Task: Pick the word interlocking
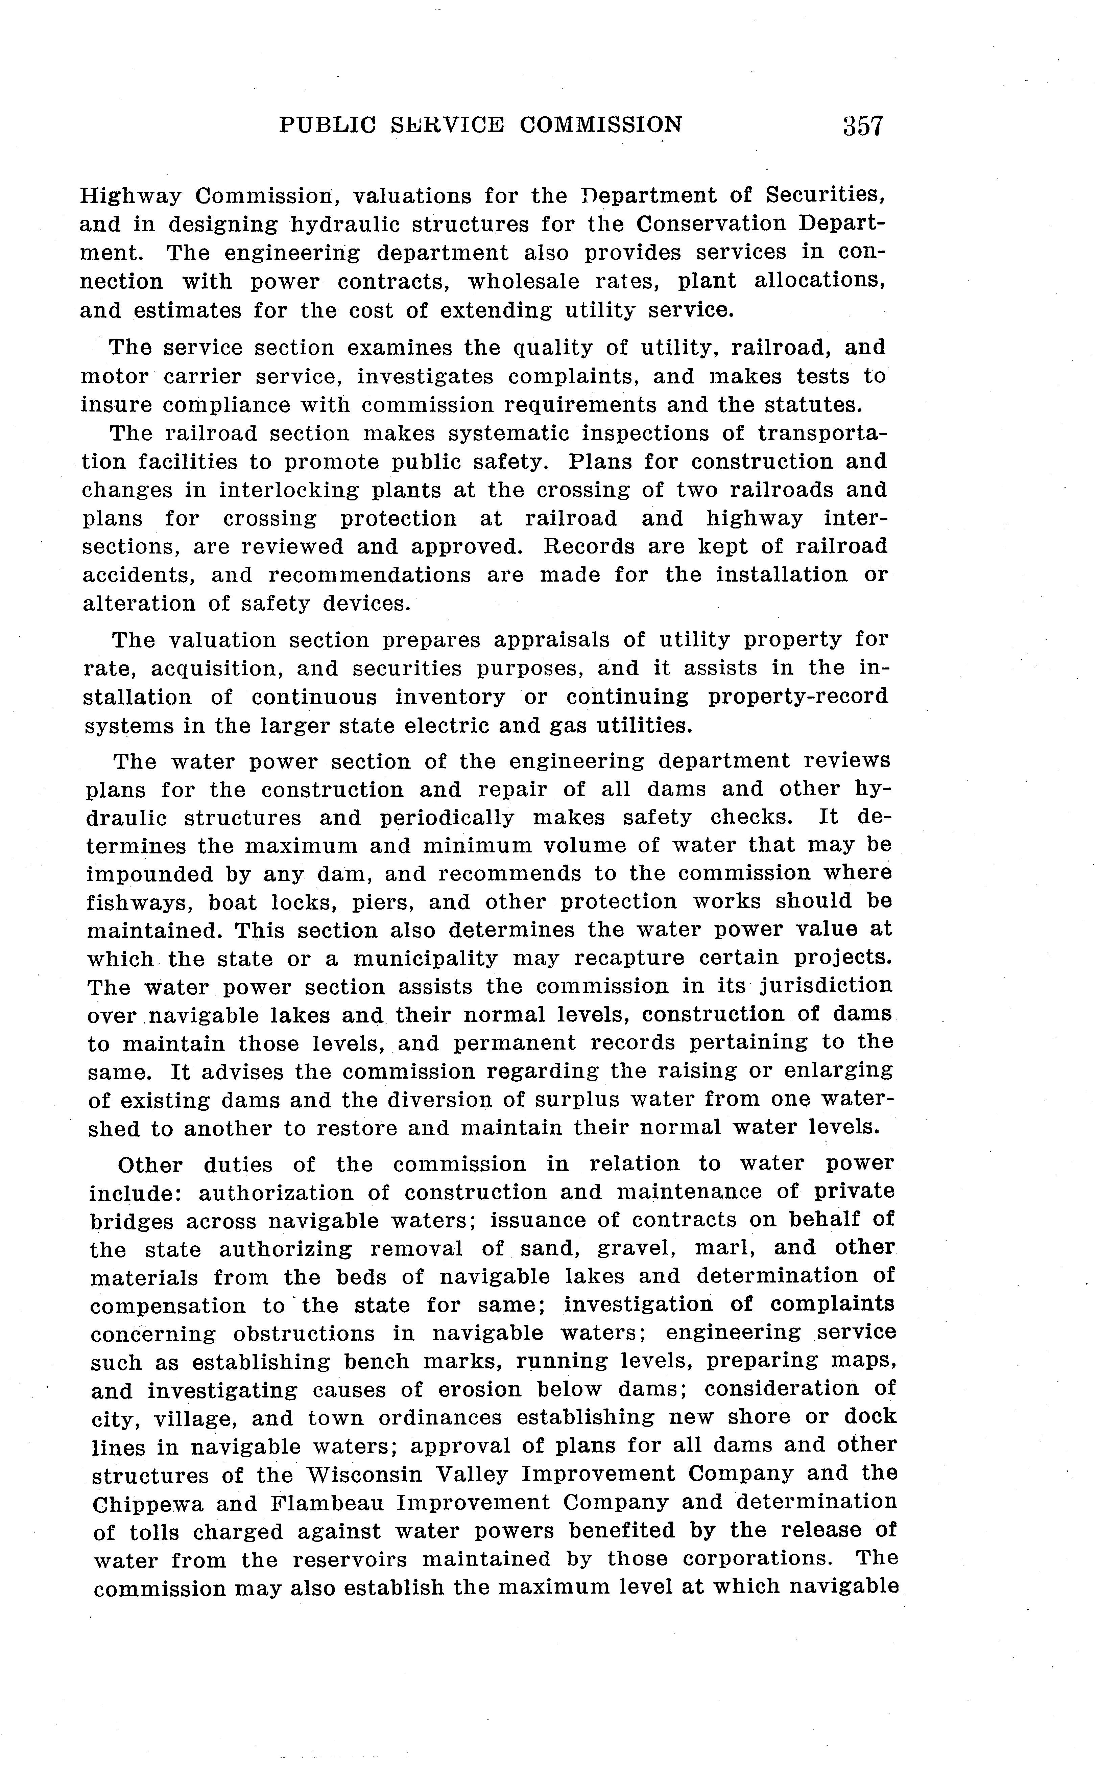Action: [x=288, y=490]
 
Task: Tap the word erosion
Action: [x=472, y=1390]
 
